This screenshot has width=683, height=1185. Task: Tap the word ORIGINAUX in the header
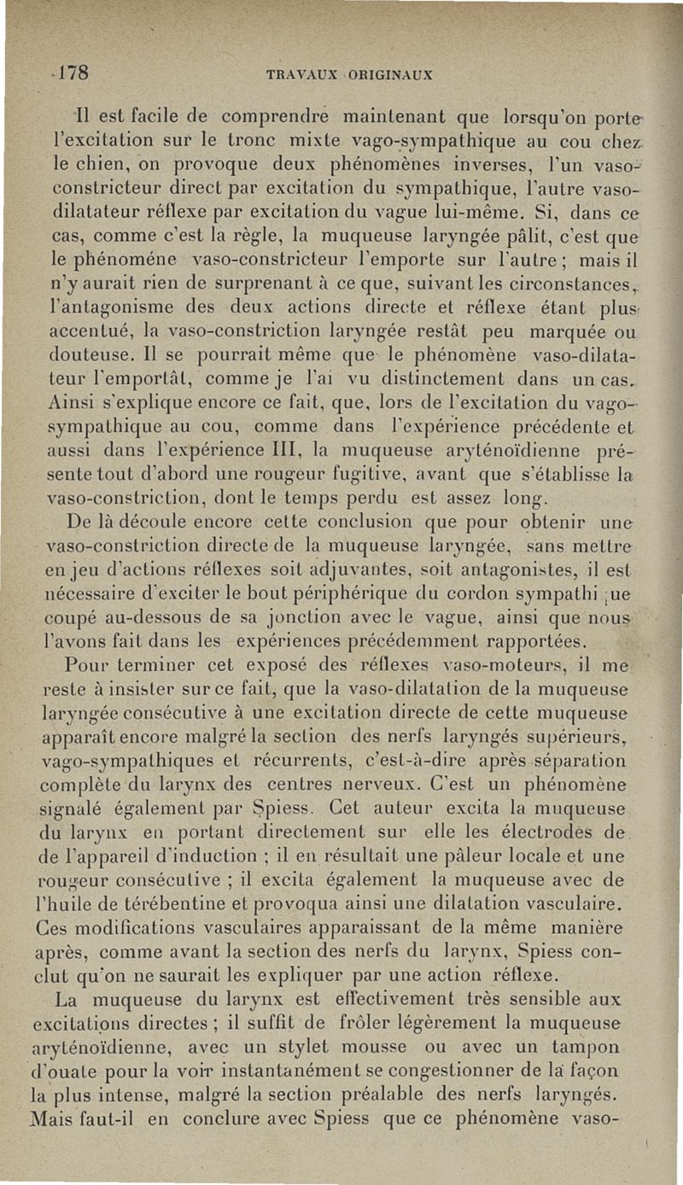point(392,73)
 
